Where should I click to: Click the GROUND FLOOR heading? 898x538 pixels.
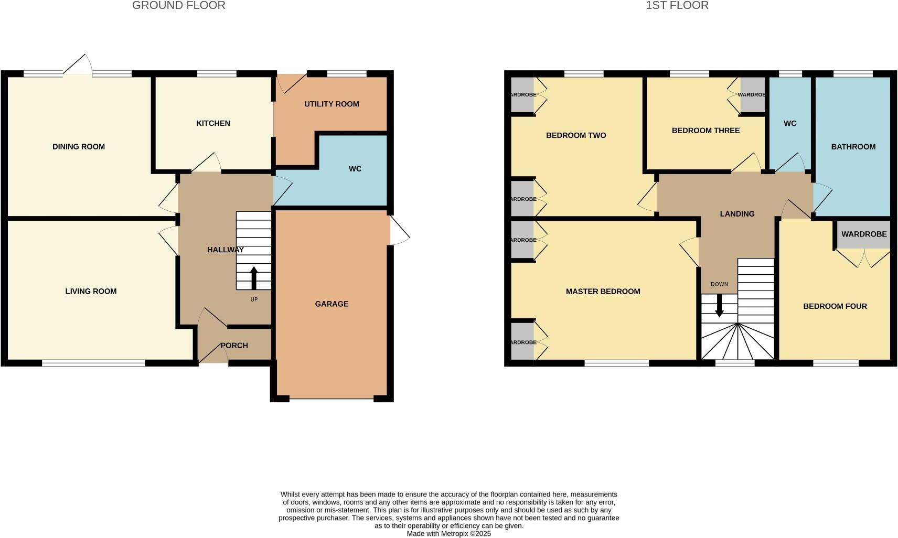click(178, 6)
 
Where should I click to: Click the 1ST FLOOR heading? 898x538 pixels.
click(677, 6)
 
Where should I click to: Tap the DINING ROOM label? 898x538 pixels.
click(79, 147)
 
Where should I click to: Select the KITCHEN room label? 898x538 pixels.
click(213, 123)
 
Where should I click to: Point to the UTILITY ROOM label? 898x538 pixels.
click(332, 104)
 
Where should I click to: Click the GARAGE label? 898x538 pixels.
click(332, 304)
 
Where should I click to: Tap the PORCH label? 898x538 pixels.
click(234, 346)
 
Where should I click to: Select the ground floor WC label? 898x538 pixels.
click(355, 169)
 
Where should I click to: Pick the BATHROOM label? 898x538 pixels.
click(853, 147)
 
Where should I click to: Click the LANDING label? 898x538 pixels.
click(737, 214)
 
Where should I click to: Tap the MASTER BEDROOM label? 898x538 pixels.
click(603, 292)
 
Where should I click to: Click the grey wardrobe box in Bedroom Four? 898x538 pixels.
click(864, 234)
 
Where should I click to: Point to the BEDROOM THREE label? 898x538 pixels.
click(705, 131)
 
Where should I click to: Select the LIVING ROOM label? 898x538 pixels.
click(91, 292)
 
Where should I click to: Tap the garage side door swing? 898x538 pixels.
click(399, 231)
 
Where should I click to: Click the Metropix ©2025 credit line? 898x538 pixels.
click(448, 534)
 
